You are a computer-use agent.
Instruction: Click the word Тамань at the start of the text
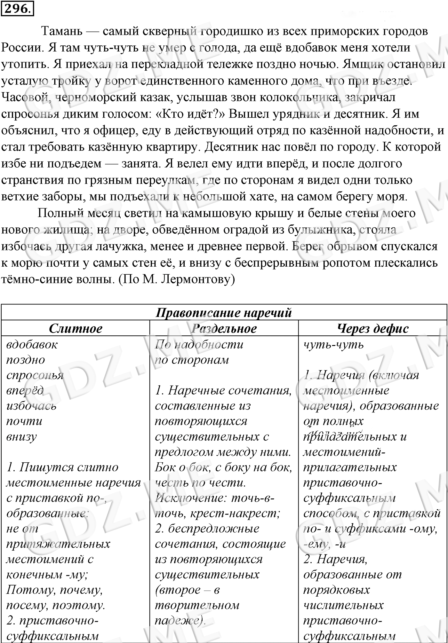tap(62, 31)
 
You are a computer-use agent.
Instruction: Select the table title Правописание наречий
tap(224, 312)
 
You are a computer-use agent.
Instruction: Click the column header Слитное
tap(76, 328)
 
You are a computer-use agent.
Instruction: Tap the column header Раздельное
tap(224, 328)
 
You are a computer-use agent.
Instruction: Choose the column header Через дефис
tap(373, 328)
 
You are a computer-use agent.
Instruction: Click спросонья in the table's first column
tap(35, 375)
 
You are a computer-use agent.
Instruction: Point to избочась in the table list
tap(31, 406)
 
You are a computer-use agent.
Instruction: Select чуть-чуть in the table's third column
tap(333, 345)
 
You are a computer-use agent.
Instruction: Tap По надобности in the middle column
tap(199, 345)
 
